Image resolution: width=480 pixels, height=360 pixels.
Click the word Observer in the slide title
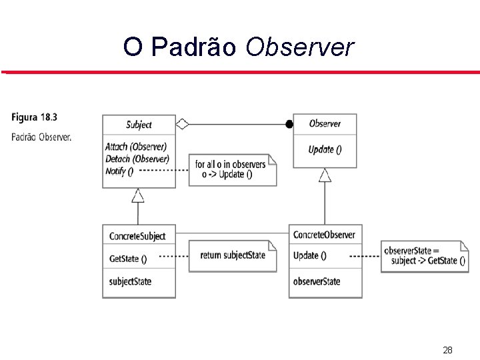tap(299, 47)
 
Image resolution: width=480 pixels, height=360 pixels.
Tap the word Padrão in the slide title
tap(193, 47)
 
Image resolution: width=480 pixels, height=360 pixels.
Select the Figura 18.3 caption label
tap(34, 117)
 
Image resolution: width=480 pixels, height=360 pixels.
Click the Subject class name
tap(139, 125)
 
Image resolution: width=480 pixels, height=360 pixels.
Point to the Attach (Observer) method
tap(136, 147)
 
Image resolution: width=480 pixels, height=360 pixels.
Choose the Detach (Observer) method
tap(137, 159)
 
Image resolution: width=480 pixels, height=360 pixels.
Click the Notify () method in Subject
tap(119, 171)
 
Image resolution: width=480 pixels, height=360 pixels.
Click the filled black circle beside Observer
tap(289, 124)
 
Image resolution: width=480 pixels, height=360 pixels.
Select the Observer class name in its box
tap(325, 123)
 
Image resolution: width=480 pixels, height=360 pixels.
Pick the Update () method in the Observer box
tap(325, 149)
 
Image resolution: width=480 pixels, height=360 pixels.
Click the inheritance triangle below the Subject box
tap(138, 195)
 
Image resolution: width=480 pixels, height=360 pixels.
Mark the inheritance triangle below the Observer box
tap(325, 175)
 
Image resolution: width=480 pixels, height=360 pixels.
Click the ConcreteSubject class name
tap(137, 236)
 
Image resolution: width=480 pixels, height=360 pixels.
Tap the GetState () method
tap(128, 259)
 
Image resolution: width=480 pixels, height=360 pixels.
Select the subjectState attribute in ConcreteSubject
tap(130, 281)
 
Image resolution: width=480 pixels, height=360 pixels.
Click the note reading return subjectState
tap(232, 255)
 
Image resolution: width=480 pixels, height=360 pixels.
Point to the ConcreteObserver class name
tap(324, 235)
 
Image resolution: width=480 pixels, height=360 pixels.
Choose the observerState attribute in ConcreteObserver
tap(317, 281)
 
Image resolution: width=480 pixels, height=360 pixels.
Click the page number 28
tap(447, 350)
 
